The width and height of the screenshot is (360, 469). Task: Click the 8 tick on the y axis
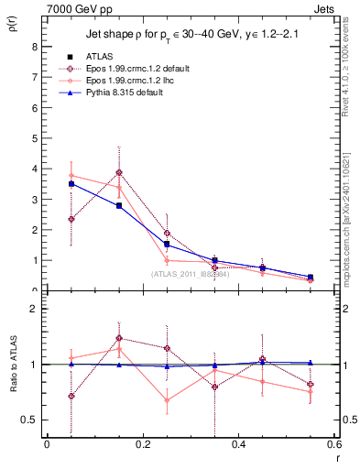(34, 47)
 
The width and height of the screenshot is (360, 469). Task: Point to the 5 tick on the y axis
(34, 138)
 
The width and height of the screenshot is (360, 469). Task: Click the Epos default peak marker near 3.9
(118, 172)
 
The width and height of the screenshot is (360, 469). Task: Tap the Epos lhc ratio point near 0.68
(167, 400)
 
